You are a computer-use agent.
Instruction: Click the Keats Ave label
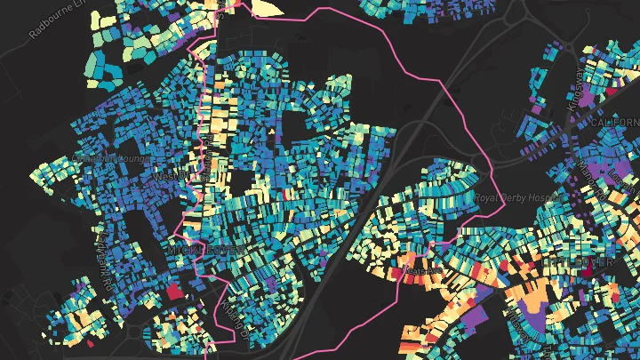pyautogui.click(x=423, y=268)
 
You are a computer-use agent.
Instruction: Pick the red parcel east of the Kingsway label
pyautogui.click(x=612, y=89)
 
